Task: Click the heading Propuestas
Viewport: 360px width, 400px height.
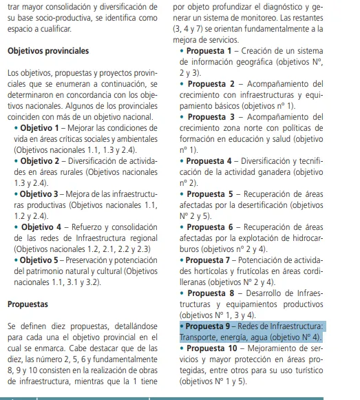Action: (28, 303)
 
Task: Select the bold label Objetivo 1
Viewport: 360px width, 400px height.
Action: (40, 128)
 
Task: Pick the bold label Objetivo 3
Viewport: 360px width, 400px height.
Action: (40, 193)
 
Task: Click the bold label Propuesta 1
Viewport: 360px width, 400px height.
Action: (210, 51)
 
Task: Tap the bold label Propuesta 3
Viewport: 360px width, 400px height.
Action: (211, 117)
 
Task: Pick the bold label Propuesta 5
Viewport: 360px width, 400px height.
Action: (211, 194)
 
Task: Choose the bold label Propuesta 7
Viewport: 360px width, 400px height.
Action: (210, 260)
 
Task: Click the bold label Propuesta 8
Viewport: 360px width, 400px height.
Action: (211, 293)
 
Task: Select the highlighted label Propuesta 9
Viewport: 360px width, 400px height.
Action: (210, 326)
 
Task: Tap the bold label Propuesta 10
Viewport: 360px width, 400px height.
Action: (213, 348)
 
